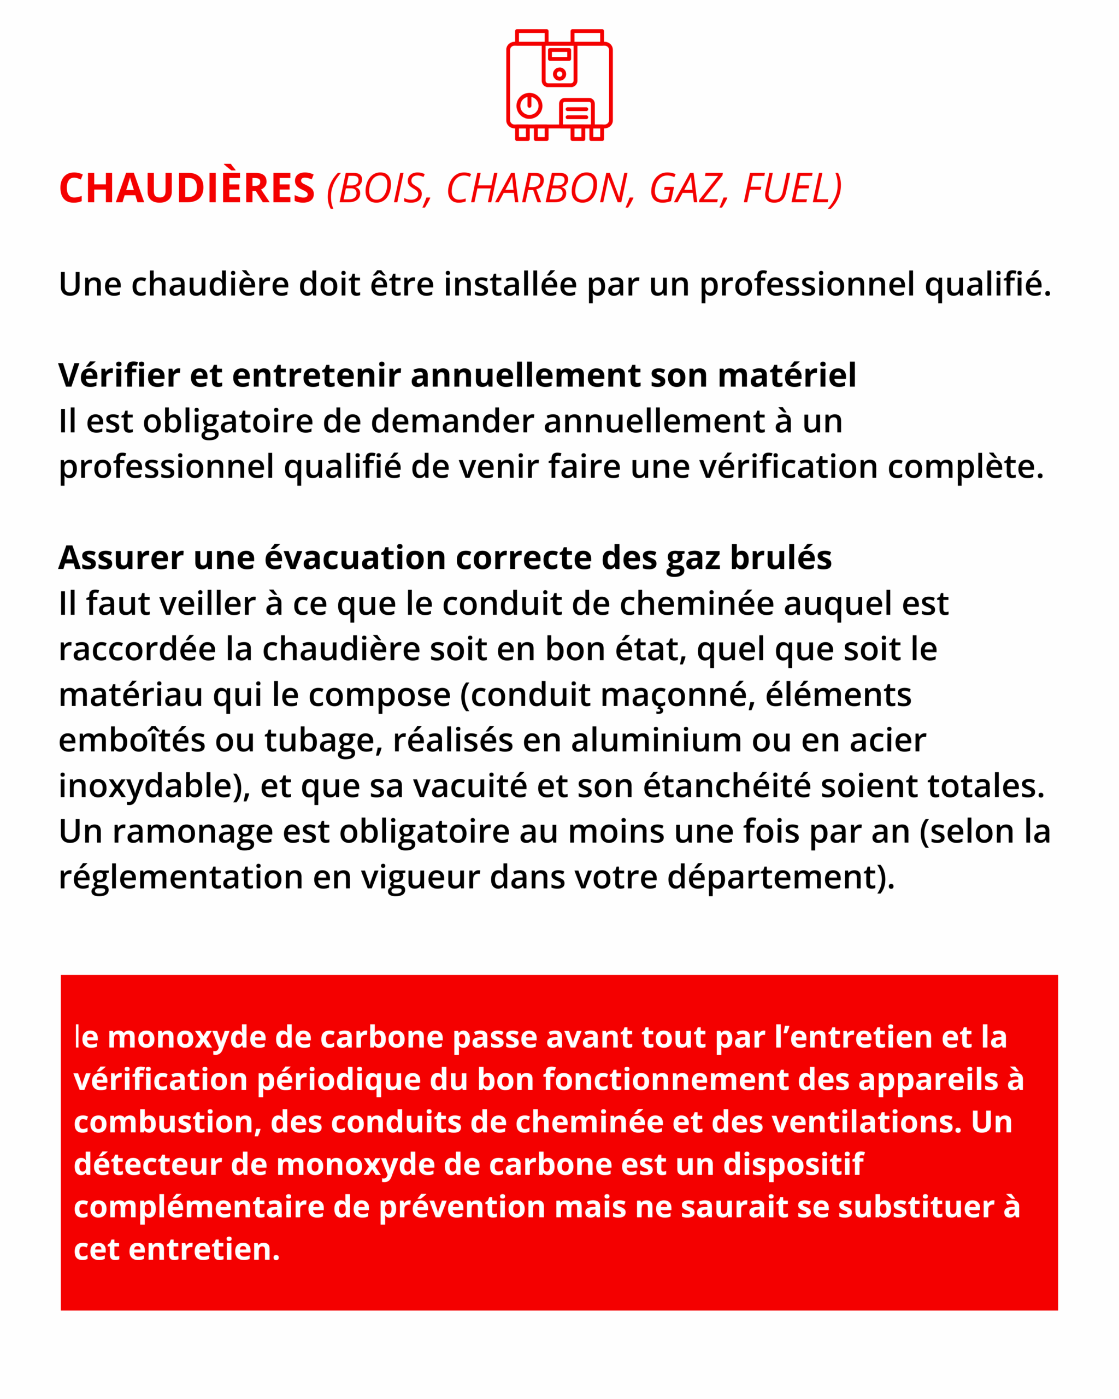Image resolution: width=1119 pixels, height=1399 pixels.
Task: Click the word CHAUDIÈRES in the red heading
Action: pyautogui.click(x=187, y=189)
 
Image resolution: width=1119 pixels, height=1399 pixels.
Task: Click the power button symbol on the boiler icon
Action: pyautogui.click(x=529, y=105)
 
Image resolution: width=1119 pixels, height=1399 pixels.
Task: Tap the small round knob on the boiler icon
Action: pyautogui.click(x=559, y=74)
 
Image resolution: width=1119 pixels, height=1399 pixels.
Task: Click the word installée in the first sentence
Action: pyautogui.click(x=510, y=284)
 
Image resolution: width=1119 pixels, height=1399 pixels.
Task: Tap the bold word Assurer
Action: pyautogui.click(x=121, y=557)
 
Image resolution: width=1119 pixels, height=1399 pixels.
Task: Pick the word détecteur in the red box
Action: pyautogui.click(x=148, y=1165)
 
